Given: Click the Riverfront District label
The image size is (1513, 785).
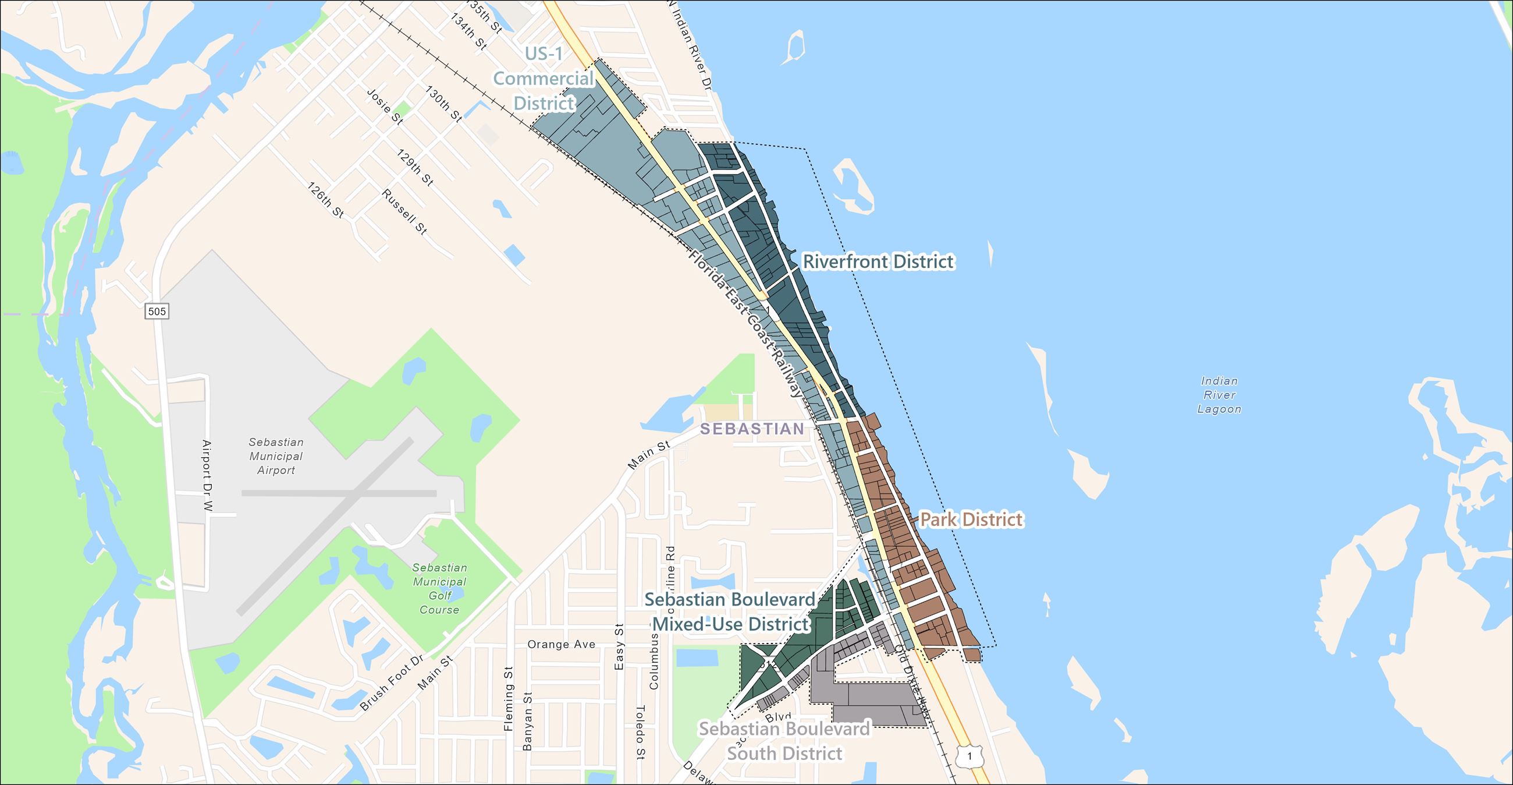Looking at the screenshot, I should click(878, 261).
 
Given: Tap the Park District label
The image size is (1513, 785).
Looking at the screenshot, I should click(971, 519).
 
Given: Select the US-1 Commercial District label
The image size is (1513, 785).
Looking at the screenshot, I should click(544, 78).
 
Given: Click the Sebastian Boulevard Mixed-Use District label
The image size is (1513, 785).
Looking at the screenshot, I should click(730, 611).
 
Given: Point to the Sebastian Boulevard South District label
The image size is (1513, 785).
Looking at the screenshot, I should click(784, 741).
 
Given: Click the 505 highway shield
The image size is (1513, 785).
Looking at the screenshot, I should click(157, 312).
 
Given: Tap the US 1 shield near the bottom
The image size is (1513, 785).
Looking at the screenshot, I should click(969, 757).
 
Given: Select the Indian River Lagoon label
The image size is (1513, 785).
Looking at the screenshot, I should click(1219, 395).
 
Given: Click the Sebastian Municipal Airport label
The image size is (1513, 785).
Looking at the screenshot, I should click(275, 456).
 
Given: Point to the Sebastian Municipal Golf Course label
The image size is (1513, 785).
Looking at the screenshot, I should click(439, 589).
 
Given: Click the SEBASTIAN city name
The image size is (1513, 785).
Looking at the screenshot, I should click(752, 429).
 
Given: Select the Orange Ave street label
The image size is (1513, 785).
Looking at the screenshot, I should click(561, 645).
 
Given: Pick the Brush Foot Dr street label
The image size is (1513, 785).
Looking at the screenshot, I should click(391, 683).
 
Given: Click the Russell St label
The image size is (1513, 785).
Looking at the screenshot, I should click(404, 211).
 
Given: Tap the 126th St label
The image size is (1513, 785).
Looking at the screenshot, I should click(326, 200).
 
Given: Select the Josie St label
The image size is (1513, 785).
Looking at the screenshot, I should click(385, 107).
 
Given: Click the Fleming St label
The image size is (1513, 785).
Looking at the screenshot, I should click(509, 699).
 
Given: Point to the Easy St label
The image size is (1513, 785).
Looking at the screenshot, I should click(619, 646).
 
